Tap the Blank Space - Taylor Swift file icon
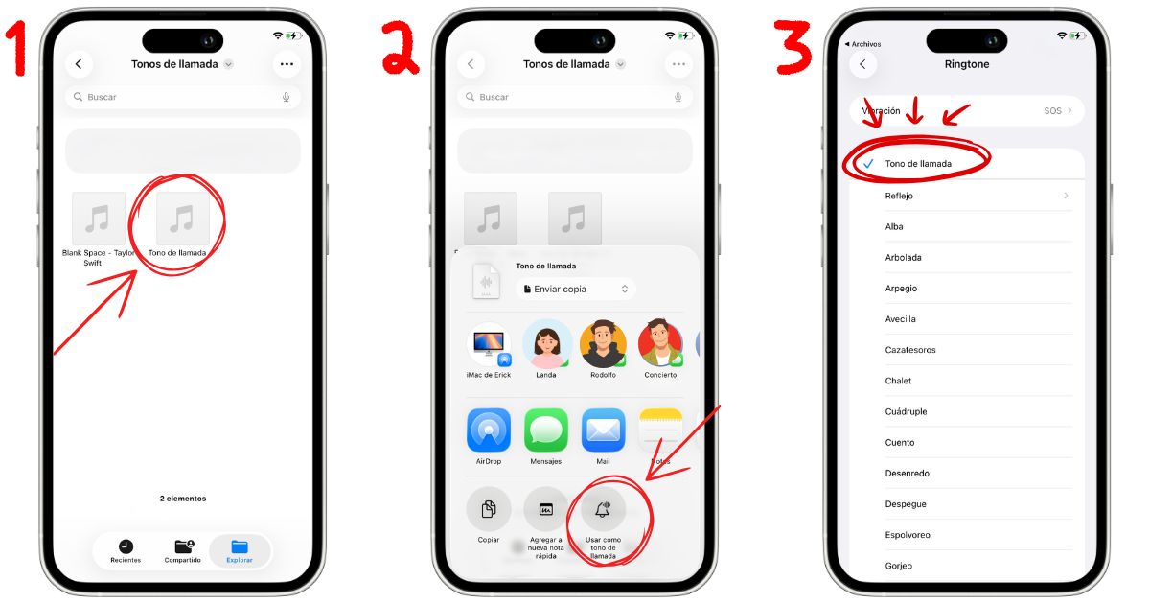click(98, 219)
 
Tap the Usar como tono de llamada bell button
click(603, 509)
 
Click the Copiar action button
click(489, 509)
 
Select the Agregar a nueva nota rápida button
click(546, 509)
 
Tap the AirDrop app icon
click(489, 430)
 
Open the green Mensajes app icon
click(546, 430)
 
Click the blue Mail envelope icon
click(603, 430)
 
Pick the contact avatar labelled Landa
click(546, 343)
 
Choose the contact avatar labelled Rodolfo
click(603, 343)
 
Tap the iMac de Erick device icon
click(489, 345)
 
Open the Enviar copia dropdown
click(575, 289)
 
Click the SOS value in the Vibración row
click(1052, 111)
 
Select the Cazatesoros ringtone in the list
click(910, 350)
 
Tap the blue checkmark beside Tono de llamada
click(868, 164)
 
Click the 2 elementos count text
click(183, 499)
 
